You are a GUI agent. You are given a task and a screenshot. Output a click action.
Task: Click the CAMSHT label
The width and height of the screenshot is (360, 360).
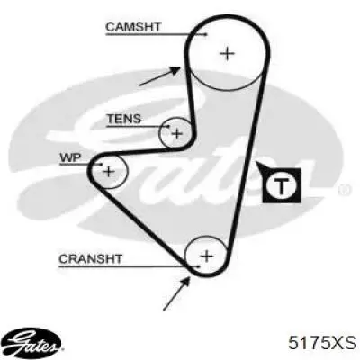[133, 27]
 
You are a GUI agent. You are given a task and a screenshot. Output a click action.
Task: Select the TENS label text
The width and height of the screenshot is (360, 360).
[124, 119]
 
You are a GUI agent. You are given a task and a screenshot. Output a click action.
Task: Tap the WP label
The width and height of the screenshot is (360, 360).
[70, 157]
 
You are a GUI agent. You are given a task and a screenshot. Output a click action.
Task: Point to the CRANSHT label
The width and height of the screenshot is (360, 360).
[90, 258]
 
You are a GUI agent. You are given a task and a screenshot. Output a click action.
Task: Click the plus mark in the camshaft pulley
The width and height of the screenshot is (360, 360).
[227, 54]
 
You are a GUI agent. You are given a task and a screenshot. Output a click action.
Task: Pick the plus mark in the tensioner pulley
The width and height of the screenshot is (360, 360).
[177, 133]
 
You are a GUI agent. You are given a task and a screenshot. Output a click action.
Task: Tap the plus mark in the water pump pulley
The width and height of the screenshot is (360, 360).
[109, 172]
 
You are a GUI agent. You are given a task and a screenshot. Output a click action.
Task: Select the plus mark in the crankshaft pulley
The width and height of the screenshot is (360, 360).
[206, 256]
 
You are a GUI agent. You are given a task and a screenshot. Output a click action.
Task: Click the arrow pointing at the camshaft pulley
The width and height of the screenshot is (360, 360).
[160, 76]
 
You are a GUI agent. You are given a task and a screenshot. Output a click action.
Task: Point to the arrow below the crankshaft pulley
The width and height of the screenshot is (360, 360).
[176, 294]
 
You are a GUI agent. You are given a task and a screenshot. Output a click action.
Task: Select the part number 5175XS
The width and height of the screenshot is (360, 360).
[322, 343]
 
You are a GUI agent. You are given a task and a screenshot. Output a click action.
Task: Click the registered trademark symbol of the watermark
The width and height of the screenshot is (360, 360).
[345, 190]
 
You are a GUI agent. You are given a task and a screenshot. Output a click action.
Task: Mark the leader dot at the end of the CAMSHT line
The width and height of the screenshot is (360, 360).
[206, 34]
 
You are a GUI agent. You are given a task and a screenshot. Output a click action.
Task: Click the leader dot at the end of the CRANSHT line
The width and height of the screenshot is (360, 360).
[198, 266]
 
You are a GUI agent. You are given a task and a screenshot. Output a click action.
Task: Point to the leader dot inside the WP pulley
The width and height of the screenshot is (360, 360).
[102, 164]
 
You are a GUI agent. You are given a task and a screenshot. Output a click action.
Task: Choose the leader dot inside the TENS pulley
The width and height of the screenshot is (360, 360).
[168, 127]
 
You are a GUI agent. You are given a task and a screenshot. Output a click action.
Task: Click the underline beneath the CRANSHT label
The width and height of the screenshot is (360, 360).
[129, 266]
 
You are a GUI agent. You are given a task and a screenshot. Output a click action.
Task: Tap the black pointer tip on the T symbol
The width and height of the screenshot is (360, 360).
[256, 163]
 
